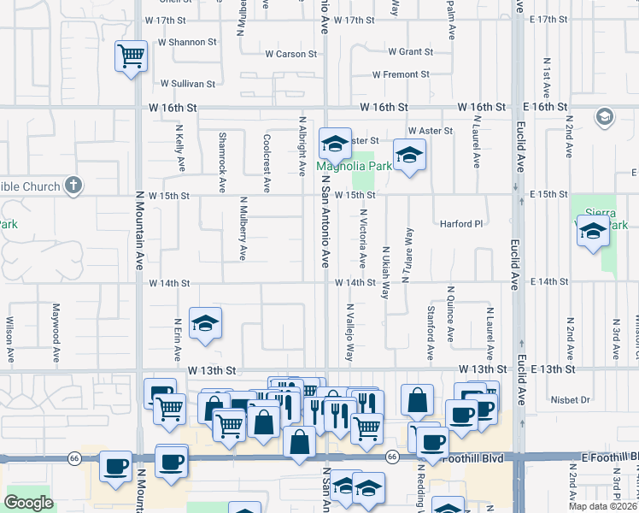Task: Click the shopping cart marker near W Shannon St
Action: [131, 57]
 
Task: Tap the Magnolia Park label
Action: [355, 166]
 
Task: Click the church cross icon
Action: [73, 186]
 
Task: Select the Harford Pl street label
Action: [461, 224]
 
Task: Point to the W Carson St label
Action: [290, 54]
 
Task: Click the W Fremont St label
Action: [400, 74]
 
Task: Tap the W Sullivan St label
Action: [188, 84]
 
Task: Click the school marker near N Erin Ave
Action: [205, 324]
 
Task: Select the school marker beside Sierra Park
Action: [592, 231]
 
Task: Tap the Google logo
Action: [29, 502]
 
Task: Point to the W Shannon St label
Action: [186, 42]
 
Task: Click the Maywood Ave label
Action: [56, 322]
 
